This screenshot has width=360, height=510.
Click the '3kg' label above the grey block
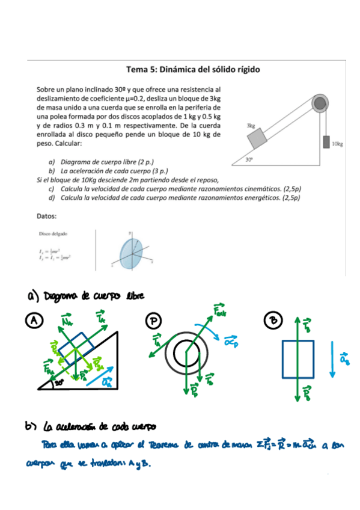click(251, 126)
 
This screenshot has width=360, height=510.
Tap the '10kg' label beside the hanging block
click(337, 144)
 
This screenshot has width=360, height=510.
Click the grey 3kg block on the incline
click(258, 139)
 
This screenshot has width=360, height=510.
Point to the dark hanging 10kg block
click(326, 142)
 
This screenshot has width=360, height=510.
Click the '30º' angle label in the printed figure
click(249, 159)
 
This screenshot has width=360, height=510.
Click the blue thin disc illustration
click(129, 251)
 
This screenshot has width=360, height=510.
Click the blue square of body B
click(297, 358)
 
